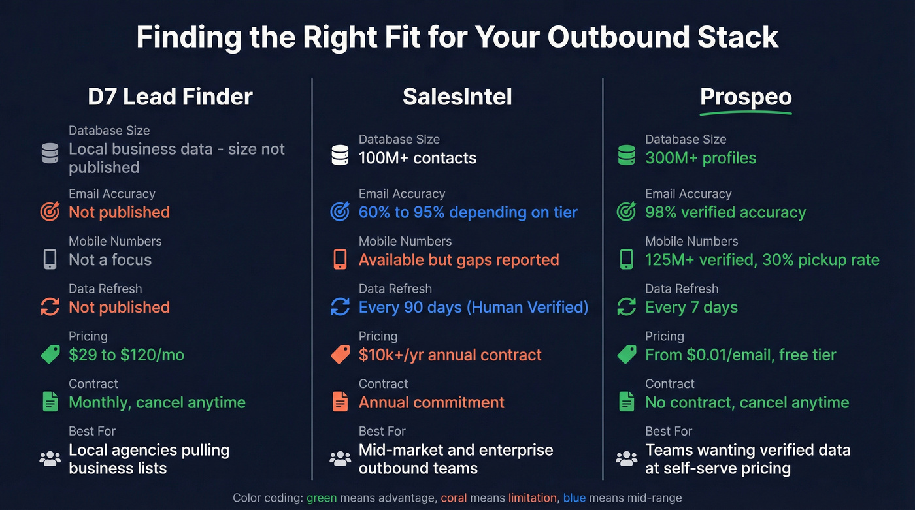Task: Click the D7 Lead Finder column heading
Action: point(170,97)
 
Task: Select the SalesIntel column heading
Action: point(457,97)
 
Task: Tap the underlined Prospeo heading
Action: point(746,97)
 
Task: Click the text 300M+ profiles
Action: point(701,158)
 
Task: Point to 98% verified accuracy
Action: point(725,212)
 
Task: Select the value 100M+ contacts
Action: point(418,158)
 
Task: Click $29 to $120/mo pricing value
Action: point(127,355)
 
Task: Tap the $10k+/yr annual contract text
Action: point(450,355)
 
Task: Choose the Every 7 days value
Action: point(691,308)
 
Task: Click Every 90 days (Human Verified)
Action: point(474,308)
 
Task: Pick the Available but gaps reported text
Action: point(459,260)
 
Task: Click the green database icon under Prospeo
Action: point(626,155)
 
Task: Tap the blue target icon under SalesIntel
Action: point(340,212)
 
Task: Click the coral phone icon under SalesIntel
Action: point(340,259)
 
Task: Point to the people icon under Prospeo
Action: point(626,458)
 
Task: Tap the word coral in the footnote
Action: point(454,498)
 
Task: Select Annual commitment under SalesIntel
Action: point(431,402)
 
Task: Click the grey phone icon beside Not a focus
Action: point(50,259)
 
